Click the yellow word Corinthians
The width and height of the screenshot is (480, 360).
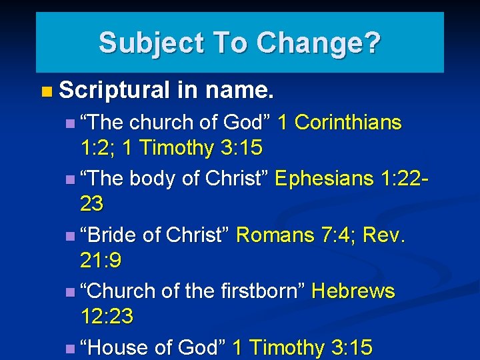pyautogui.click(x=348, y=123)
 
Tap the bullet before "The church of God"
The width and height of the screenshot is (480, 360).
pyautogui.click(x=71, y=123)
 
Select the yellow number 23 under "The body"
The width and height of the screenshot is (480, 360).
pyautogui.click(x=92, y=203)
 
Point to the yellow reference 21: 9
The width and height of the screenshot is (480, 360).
pyautogui.click(x=101, y=259)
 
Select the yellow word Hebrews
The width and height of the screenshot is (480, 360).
pyautogui.click(x=353, y=291)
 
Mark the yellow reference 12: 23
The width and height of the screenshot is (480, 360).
pyautogui.click(x=107, y=316)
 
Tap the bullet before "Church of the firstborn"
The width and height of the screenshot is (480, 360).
pyautogui.click(x=71, y=292)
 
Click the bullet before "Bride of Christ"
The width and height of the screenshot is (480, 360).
pyautogui.click(x=71, y=236)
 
